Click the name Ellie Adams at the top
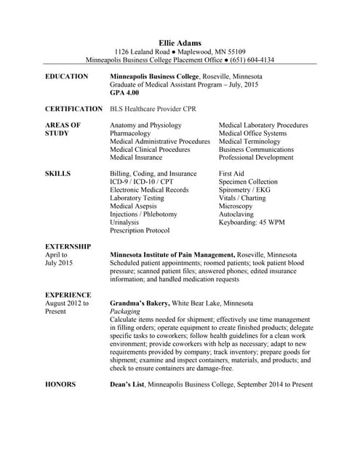pos(180,43)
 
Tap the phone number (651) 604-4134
pos(249,60)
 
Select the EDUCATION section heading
pos(67,76)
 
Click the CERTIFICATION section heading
pos(74,109)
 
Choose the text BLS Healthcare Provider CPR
pos(154,109)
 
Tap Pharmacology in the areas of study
pos(131,134)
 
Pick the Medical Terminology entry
pos(252,142)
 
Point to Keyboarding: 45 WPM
pos(252,222)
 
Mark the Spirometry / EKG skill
pos(244,190)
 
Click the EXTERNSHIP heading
pos(68,247)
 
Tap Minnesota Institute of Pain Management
pos(172,256)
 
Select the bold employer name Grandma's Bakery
pos(140,302)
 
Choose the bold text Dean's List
pos(127,384)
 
